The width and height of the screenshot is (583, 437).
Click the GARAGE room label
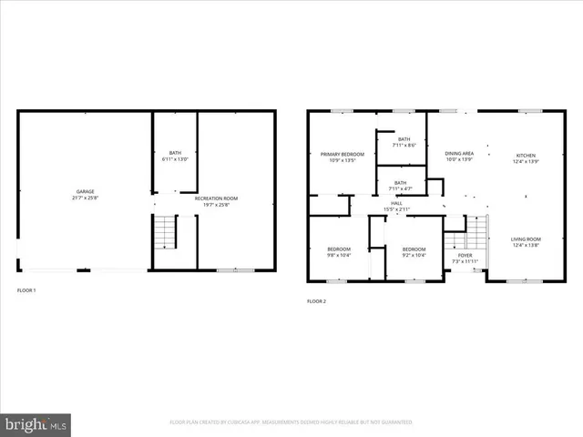tap(85, 192)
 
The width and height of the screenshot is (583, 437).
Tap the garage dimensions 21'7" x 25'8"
tap(85, 198)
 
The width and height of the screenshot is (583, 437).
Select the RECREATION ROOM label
tap(216, 198)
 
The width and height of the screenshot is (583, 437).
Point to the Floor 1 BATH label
tap(175, 153)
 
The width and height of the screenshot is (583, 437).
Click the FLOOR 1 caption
tap(27, 290)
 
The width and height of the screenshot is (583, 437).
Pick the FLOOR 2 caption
tap(316, 300)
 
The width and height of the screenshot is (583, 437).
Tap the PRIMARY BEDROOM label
tap(342, 154)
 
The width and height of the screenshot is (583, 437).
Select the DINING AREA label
tap(459, 153)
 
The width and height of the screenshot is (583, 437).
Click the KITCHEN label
tap(527, 155)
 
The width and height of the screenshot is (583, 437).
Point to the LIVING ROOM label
tap(527, 239)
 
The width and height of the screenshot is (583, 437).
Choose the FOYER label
tap(465, 257)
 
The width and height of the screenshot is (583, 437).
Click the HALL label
tap(396, 203)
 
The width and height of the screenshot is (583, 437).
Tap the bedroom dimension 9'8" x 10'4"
tap(339, 254)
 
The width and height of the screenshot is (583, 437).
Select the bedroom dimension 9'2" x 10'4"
tap(414, 254)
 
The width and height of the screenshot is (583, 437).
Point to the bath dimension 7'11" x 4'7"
tap(400, 188)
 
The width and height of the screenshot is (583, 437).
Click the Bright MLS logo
tap(36, 423)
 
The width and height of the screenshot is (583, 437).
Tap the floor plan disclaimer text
tap(291, 422)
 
